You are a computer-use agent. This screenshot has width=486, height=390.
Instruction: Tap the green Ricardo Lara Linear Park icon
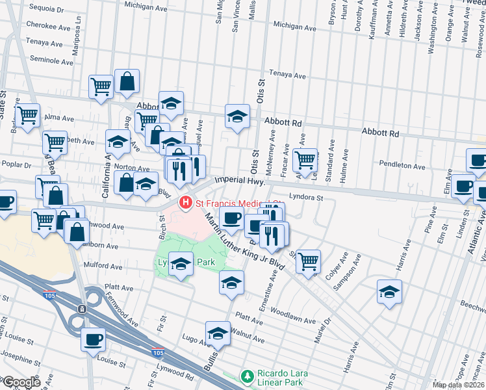pyautogui.click(x=246, y=376)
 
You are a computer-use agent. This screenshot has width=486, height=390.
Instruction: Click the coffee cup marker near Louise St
pyautogui.click(x=93, y=339)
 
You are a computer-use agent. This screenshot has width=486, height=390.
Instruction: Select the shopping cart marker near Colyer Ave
pyautogui.click(x=308, y=261)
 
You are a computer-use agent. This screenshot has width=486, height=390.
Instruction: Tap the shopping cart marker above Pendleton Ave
pyautogui.click(x=304, y=158)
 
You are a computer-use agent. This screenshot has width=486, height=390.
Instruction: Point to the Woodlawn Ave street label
pyautogui.click(x=293, y=312)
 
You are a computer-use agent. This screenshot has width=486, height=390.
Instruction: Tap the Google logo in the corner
pyautogui.click(x=21, y=382)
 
